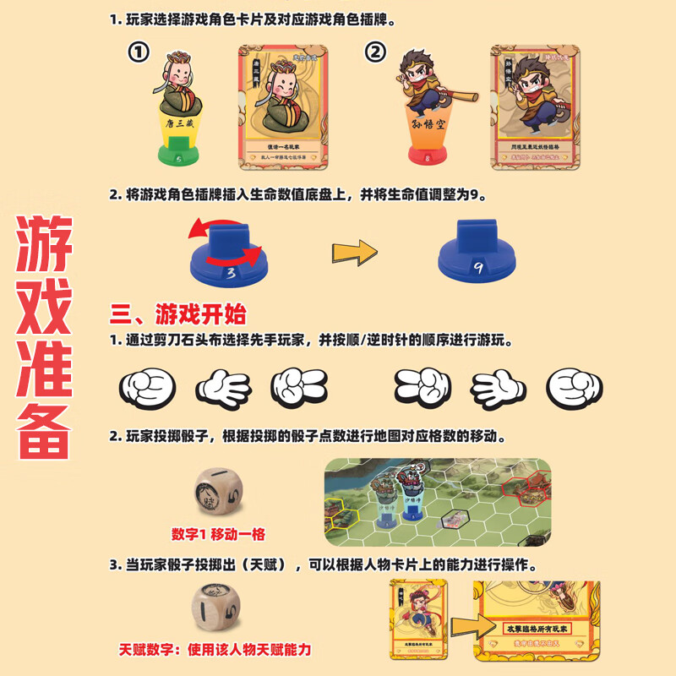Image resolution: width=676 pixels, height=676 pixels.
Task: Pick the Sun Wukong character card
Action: coord(535,106)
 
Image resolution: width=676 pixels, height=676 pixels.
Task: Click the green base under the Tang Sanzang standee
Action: coord(178,155)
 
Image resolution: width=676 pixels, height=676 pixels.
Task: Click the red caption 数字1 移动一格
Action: coord(218,534)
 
